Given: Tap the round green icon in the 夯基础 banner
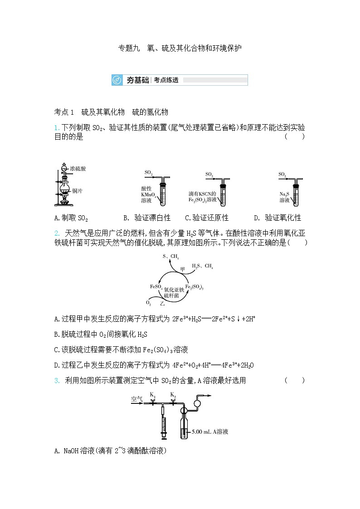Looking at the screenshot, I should [117, 80].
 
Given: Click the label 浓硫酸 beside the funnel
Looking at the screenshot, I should [78, 169].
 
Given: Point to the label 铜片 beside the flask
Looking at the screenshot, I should [77, 191].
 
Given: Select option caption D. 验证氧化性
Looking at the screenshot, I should [277, 218].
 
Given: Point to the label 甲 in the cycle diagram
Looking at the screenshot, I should [183, 268].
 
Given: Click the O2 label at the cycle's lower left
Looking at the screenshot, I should [148, 302].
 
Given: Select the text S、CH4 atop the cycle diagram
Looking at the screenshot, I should [171, 257].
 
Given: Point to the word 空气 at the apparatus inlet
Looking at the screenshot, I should [137, 399].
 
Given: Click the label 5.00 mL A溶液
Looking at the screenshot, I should [210, 432].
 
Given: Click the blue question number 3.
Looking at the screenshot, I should [57, 381].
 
